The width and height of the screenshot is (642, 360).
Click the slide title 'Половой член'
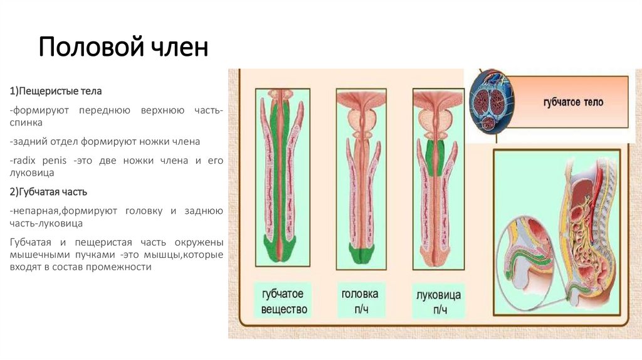(123, 48)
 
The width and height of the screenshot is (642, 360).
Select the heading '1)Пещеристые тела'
(51, 92)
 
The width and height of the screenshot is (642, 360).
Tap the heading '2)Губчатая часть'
(48, 191)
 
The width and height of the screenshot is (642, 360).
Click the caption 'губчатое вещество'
(283, 301)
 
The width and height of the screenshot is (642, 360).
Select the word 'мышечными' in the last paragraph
(38, 255)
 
